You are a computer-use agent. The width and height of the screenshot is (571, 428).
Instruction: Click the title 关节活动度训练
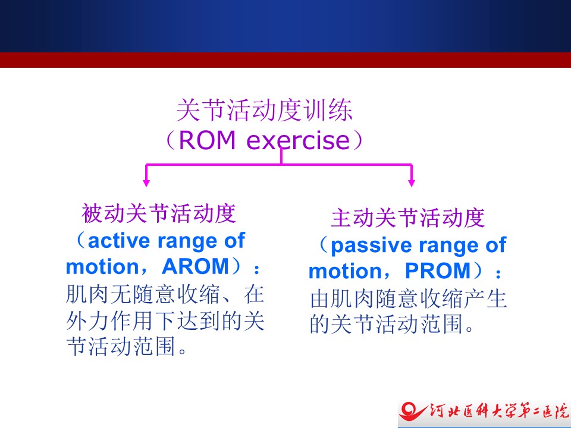pos(264,110)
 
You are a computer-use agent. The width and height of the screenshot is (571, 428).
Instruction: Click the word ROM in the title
pos(207,140)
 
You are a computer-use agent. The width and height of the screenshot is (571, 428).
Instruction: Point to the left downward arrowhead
pos(146,182)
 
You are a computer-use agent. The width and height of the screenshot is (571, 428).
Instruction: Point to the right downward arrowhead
pos(412,182)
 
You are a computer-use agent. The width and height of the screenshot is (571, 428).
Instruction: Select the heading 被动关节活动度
pos(159,213)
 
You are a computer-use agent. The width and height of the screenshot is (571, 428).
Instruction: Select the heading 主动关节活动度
pos(408,218)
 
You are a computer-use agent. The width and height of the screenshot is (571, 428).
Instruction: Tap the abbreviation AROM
pos(195,266)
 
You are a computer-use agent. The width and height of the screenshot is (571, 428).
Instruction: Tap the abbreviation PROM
pos(438,271)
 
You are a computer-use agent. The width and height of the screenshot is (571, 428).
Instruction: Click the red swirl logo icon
pos(412,412)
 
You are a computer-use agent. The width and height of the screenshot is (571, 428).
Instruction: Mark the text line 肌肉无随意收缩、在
pos(165,295)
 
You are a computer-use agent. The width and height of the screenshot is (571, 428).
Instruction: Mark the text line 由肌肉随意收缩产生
pos(408,299)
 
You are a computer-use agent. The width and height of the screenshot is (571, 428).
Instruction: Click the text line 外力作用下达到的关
pos(165,321)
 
